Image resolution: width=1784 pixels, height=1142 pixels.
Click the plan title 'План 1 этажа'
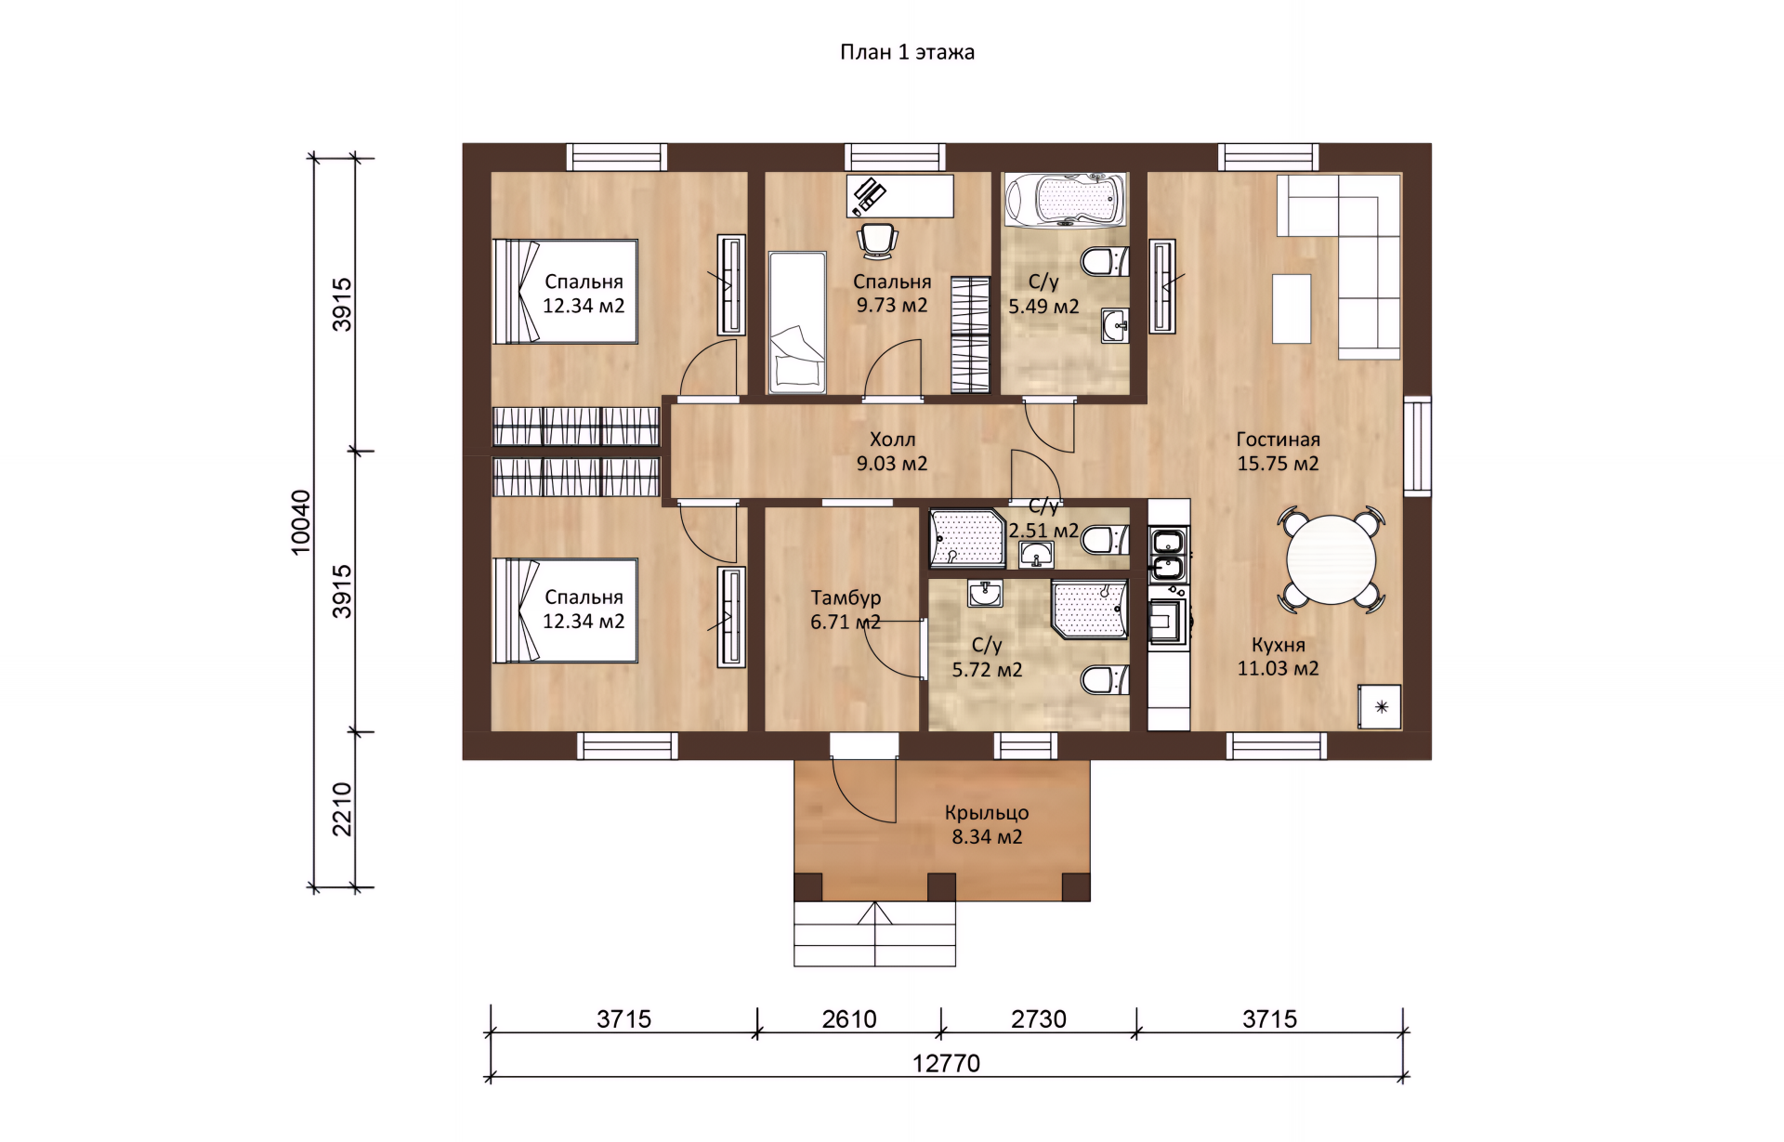coord(907,52)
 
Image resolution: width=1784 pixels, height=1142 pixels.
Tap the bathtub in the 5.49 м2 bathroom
coord(1066,198)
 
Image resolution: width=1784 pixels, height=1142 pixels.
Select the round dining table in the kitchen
coord(1331,559)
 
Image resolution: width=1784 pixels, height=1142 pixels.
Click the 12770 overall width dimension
coord(946,1063)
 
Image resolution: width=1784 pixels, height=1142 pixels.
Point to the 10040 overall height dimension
coord(301,522)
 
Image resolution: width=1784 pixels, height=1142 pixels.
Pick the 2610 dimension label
coord(849,1019)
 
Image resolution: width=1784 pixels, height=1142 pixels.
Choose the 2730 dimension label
coord(1039,1019)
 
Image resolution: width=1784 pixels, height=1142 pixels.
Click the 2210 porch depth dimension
coord(342,809)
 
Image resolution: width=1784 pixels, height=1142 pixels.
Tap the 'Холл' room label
coord(892,440)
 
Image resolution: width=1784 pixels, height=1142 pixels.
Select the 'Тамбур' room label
coord(846,597)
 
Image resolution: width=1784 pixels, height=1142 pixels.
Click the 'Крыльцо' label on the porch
coord(987,812)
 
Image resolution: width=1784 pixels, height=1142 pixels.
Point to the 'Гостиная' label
coord(1278,440)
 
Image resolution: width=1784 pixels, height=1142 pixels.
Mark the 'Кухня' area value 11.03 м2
coord(1278,668)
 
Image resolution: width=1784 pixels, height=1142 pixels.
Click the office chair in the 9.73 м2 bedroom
coord(878,240)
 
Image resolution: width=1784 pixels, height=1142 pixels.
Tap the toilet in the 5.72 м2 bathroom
coord(1105,679)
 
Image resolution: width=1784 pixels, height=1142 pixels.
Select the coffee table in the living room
coord(1292,308)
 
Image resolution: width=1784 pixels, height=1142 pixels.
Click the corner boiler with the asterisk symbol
coord(1380,707)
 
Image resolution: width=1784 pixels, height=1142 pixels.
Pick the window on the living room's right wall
coord(1417,445)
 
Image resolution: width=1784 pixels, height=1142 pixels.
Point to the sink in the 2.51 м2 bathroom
coord(1036,555)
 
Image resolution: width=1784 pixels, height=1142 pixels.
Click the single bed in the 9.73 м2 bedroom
coord(797,322)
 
